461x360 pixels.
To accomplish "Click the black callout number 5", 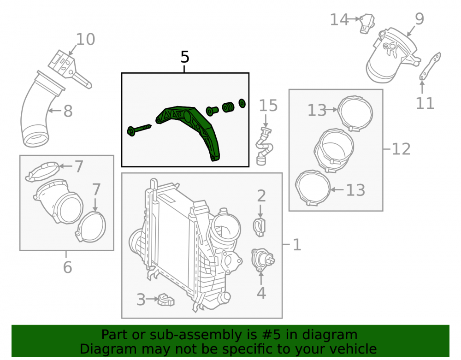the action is [x=185, y=57].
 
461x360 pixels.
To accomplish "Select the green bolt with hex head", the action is [x=138, y=130].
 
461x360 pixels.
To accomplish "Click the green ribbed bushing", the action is [x=228, y=107].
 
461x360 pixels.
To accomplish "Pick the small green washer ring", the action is [x=242, y=103].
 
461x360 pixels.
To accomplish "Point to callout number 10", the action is [x=86, y=39].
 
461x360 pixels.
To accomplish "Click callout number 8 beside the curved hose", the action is [x=68, y=111].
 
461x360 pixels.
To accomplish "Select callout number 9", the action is [x=420, y=19].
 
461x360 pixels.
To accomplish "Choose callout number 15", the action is [x=268, y=106].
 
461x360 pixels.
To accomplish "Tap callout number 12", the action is [x=402, y=149].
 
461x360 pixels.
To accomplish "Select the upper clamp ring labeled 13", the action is [x=355, y=113].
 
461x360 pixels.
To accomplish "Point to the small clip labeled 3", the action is [x=166, y=300].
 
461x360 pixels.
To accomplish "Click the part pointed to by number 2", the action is [x=259, y=227].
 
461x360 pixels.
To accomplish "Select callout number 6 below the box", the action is [x=67, y=267].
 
